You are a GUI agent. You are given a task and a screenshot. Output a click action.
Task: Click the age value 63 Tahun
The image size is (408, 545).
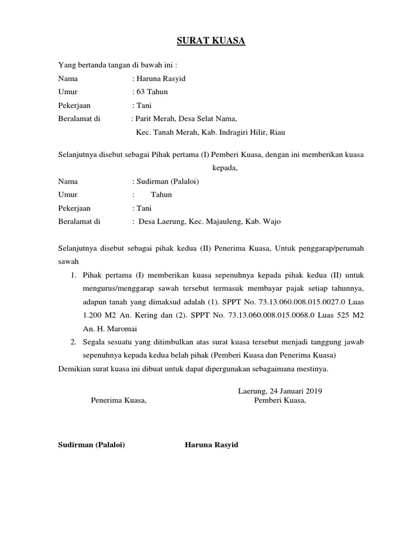(152, 92)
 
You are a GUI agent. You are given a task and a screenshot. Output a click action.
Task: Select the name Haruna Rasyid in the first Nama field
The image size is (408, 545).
(161, 79)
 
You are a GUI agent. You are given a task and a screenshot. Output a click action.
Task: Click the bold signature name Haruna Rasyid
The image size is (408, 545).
(211, 445)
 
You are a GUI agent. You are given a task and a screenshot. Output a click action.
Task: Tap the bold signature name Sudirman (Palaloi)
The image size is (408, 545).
(91, 445)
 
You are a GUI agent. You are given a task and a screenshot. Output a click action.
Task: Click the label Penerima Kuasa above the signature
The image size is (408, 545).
(118, 401)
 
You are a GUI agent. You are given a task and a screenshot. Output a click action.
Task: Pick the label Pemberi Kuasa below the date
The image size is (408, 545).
(280, 401)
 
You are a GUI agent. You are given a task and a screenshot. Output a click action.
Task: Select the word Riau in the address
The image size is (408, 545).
(284, 132)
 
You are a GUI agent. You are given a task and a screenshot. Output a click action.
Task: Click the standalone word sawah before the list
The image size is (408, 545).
(68, 262)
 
